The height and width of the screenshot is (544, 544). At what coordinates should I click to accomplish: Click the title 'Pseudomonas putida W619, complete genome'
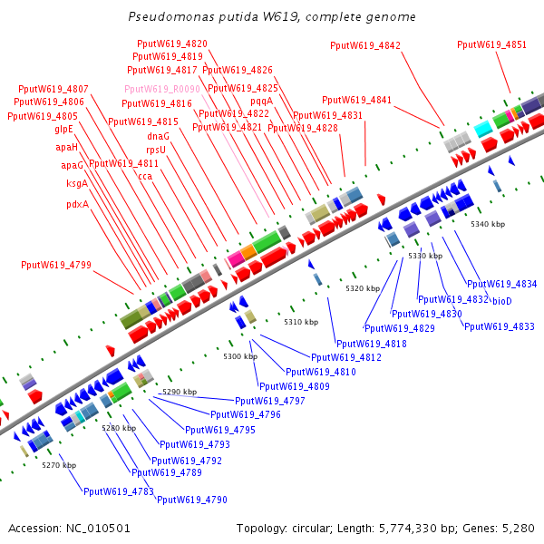(272, 17)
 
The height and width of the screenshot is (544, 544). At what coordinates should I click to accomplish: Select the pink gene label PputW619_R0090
(161, 89)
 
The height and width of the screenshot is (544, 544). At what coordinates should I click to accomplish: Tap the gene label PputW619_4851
(491, 44)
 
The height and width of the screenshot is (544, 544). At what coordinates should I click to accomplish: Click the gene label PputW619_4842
(364, 44)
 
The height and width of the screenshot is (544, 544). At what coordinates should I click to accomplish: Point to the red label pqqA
(262, 102)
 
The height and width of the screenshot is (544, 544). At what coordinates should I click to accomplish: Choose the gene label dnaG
(159, 136)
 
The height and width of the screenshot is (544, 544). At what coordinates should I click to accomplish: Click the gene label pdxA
(78, 204)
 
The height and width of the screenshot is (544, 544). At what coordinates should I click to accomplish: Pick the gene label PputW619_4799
(55, 266)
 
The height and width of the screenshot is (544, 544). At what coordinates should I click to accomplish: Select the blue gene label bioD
(502, 300)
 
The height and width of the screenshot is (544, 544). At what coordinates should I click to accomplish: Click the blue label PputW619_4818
(372, 344)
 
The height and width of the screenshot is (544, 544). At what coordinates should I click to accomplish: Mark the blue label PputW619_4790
(191, 500)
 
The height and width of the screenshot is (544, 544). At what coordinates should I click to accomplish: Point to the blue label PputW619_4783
(118, 491)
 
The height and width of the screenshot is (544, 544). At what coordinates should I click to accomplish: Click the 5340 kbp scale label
(487, 224)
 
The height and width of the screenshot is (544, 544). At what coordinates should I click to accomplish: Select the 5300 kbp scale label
(240, 356)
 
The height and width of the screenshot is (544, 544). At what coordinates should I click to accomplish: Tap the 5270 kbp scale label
(59, 465)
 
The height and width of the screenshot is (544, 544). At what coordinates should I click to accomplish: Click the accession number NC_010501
(70, 528)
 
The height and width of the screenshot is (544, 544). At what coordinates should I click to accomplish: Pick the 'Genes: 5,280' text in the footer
(501, 528)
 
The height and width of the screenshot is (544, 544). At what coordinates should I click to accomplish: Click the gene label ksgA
(77, 184)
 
